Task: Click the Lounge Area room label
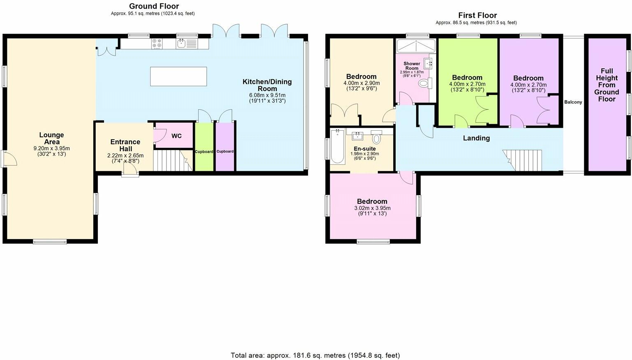51,138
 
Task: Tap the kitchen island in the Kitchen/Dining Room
178,76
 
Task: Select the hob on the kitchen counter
157,44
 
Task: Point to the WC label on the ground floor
176,136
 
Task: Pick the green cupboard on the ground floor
204,147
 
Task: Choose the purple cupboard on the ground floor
225,147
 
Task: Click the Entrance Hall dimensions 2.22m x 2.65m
125,156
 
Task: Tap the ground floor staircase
169,160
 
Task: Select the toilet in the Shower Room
424,83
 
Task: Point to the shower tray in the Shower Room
415,46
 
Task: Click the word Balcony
573,102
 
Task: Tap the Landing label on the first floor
476,138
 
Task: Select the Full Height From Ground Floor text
607,85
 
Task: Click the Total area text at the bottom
315,355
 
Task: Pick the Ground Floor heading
154,6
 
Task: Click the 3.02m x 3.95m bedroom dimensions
372,208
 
